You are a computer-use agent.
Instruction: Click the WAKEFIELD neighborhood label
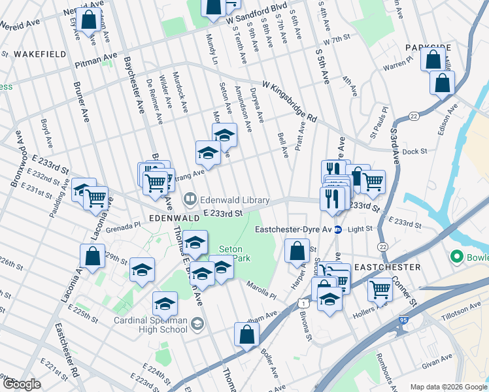40,54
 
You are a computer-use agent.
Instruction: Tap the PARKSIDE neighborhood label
428,48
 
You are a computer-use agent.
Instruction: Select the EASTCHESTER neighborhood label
387,268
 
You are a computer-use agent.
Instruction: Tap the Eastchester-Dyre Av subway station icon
338,229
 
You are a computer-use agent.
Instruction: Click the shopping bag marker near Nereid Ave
88,20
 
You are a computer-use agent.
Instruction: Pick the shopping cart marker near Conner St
380,289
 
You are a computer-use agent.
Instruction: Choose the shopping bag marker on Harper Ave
297,250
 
